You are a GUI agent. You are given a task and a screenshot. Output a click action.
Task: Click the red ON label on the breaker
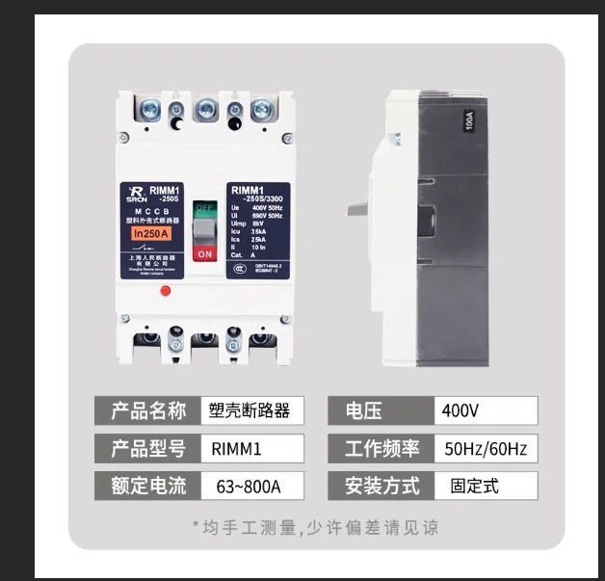(x=203, y=253)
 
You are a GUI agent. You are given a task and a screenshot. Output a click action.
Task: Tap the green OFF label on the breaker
(x=203, y=207)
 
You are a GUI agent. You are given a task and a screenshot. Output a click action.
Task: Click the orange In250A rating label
(x=151, y=233)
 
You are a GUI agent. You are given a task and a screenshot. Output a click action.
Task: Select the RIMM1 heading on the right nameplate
(x=249, y=191)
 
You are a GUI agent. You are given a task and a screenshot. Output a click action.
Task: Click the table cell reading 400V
(x=486, y=410)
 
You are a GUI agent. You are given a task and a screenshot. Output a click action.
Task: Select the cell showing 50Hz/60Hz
(x=486, y=448)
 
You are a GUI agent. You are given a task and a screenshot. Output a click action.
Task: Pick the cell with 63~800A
(x=250, y=486)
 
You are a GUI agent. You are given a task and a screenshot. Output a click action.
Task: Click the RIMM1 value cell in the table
(x=250, y=448)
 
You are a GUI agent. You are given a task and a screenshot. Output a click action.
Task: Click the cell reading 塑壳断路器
(x=250, y=410)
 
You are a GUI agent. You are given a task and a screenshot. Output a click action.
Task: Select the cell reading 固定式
(x=486, y=486)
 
